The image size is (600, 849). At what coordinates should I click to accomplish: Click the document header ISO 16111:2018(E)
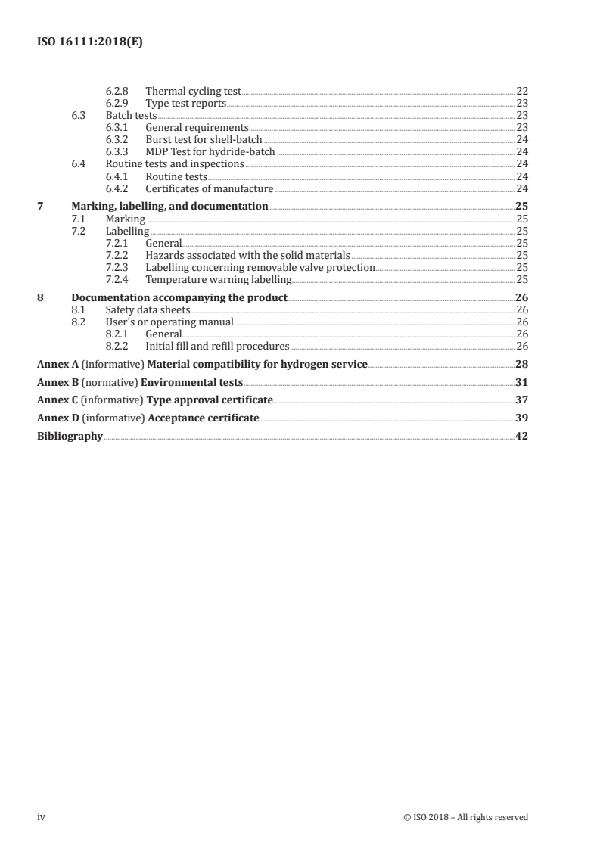pos(90,43)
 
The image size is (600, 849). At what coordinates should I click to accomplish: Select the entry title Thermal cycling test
pos(193,91)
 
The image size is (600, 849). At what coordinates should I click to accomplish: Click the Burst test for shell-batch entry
pos(204,140)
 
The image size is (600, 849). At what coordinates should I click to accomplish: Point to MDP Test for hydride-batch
pos(210,152)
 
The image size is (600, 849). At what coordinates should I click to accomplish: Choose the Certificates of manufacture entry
pos(209,189)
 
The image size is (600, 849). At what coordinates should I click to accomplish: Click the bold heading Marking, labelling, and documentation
pos(169,206)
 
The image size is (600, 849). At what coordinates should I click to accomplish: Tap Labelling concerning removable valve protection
pos(260,268)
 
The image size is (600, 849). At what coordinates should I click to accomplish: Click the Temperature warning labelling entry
pos(218,280)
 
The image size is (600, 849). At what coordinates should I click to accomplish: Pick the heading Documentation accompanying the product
pos(179,297)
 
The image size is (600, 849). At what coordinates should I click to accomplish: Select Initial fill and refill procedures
pos(217,347)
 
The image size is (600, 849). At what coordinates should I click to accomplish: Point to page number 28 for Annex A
pos(521,364)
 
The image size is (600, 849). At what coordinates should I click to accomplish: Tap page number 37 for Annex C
pos(521,400)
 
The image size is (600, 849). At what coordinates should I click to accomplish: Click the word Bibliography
pos(70,436)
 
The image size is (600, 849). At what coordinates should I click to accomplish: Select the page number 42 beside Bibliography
pos(521,436)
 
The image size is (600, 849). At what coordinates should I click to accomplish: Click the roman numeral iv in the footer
pos(42,817)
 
